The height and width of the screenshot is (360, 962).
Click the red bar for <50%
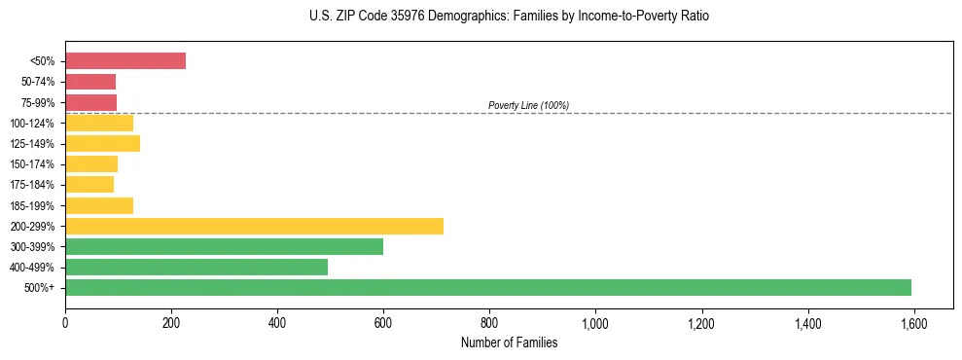point(125,60)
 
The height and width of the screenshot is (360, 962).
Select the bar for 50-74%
point(90,82)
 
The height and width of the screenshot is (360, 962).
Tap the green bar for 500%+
point(488,287)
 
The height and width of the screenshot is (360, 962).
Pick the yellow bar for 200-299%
point(254,226)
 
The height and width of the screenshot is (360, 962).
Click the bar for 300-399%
point(224,246)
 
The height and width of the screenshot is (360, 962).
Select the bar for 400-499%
point(196,267)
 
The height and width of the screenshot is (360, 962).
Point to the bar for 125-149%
point(102,143)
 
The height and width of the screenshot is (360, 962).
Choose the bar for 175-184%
point(89,184)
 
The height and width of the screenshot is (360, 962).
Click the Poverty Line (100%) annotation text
point(528,105)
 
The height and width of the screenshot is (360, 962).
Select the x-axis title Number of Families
point(509,342)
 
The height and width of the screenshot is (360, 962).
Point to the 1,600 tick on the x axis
point(913,323)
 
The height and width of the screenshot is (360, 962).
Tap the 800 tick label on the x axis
point(489,323)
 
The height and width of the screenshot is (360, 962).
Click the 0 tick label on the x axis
point(65,323)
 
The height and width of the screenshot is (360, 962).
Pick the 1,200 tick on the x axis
point(701,323)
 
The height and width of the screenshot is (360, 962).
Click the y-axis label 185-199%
point(39,205)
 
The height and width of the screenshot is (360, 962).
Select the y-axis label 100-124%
point(39,123)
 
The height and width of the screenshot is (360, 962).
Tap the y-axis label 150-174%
point(39,163)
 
